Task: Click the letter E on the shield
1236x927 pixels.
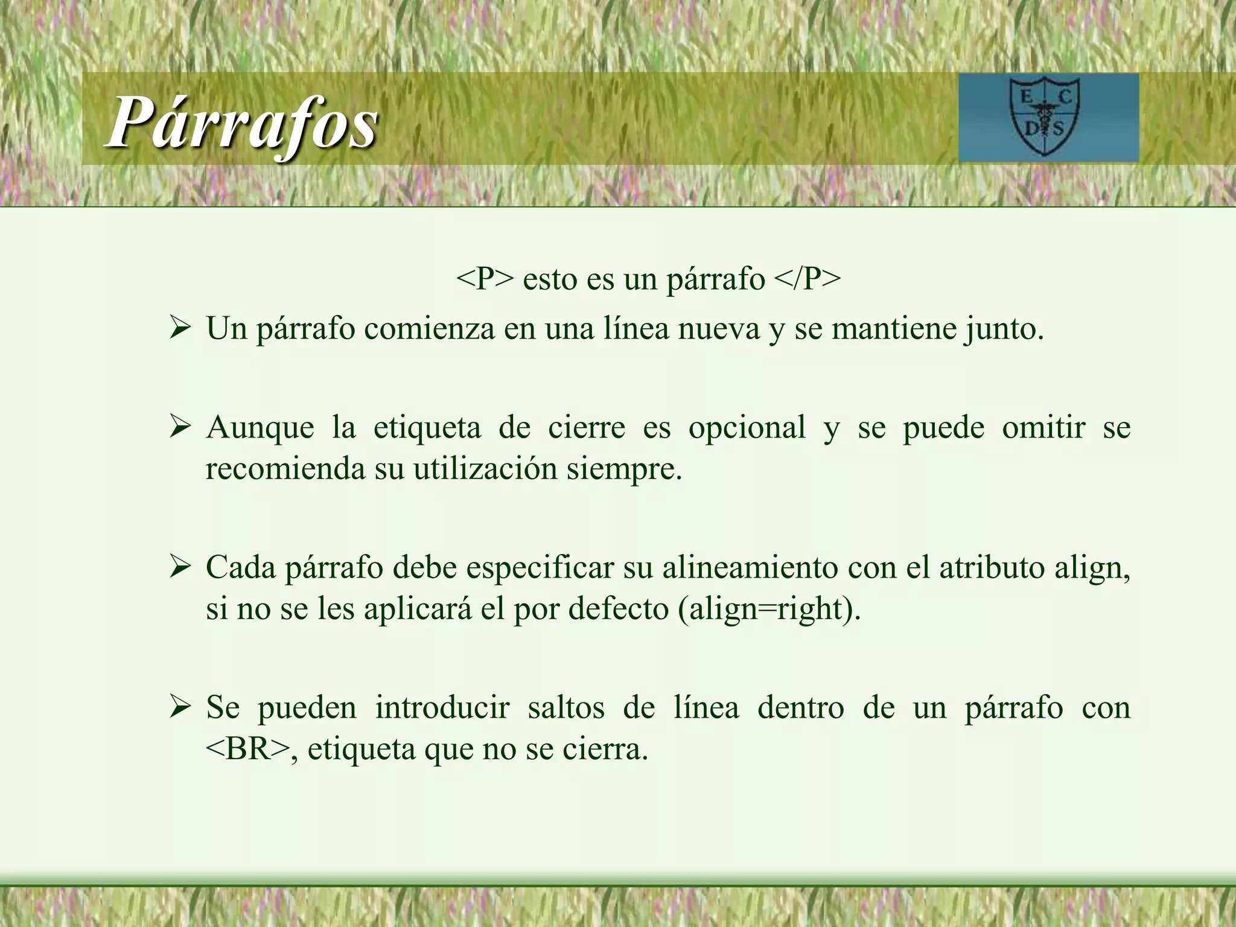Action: click(1025, 97)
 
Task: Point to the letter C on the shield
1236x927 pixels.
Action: click(1065, 97)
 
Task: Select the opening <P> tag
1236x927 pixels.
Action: click(486, 279)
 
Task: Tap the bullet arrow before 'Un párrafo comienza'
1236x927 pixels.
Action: click(180, 330)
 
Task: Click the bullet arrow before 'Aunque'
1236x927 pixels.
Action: click(180, 428)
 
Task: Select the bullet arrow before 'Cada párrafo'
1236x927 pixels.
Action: click(180, 568)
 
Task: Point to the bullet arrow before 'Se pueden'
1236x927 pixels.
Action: click(180, 708)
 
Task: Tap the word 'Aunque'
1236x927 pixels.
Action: click(260, 428)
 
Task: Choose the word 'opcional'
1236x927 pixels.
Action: click(747, 428)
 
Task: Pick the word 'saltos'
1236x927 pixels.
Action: click(565, 708)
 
